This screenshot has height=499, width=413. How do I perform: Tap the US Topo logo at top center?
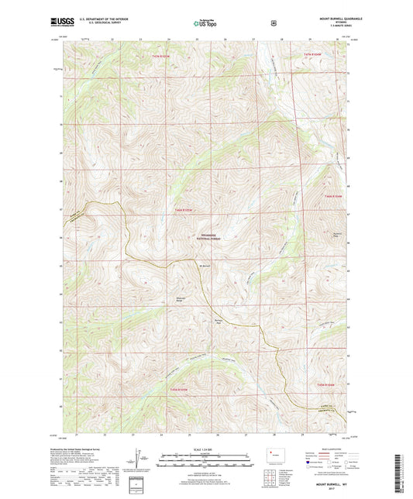pyautogui.click(x=205, y=24)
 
